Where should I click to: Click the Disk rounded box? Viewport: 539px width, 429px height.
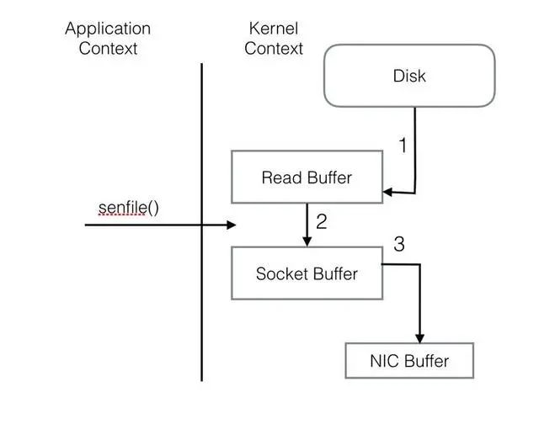pyautogui.click(x=409, y=76)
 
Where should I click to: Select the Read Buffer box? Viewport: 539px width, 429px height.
pyautogui.click(x=307, y=177)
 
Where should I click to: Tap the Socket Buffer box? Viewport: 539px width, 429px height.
pyautogui.click(x=307, y=273)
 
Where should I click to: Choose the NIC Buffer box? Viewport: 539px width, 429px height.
pyautogui.click(x=409, y=361)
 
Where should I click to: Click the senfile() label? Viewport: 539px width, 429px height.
pyautogui.click(x=128, y=206)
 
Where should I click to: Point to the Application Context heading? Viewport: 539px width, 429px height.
pyautogui.click(x=108, y=38)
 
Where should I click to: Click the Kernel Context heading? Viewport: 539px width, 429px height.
pyautogui.click(x=273, y=38)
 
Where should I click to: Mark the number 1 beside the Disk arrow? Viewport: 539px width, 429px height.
pyautogui.click(x=403, y=146)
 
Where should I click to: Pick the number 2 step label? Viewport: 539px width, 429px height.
pyautogui.click(x=321, y=223)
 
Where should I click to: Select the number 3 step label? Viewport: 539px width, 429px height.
pyautogui.click(x=399, y=245)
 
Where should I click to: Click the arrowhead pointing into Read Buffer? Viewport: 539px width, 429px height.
pyautogui.click(x=388, y=193)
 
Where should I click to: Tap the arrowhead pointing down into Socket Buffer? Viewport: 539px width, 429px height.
pyautogui.click(x=307, y=241)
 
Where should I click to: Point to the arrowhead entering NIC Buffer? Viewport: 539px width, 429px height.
pyautogui.click(x=419, y=338)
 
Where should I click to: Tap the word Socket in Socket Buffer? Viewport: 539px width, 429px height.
pyautogui.click(x=281, y=273)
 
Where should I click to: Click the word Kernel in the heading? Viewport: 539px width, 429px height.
pyautogui.click(x=273, y=29)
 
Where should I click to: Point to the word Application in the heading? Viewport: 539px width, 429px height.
pyautogui.click(x=108, y=29)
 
